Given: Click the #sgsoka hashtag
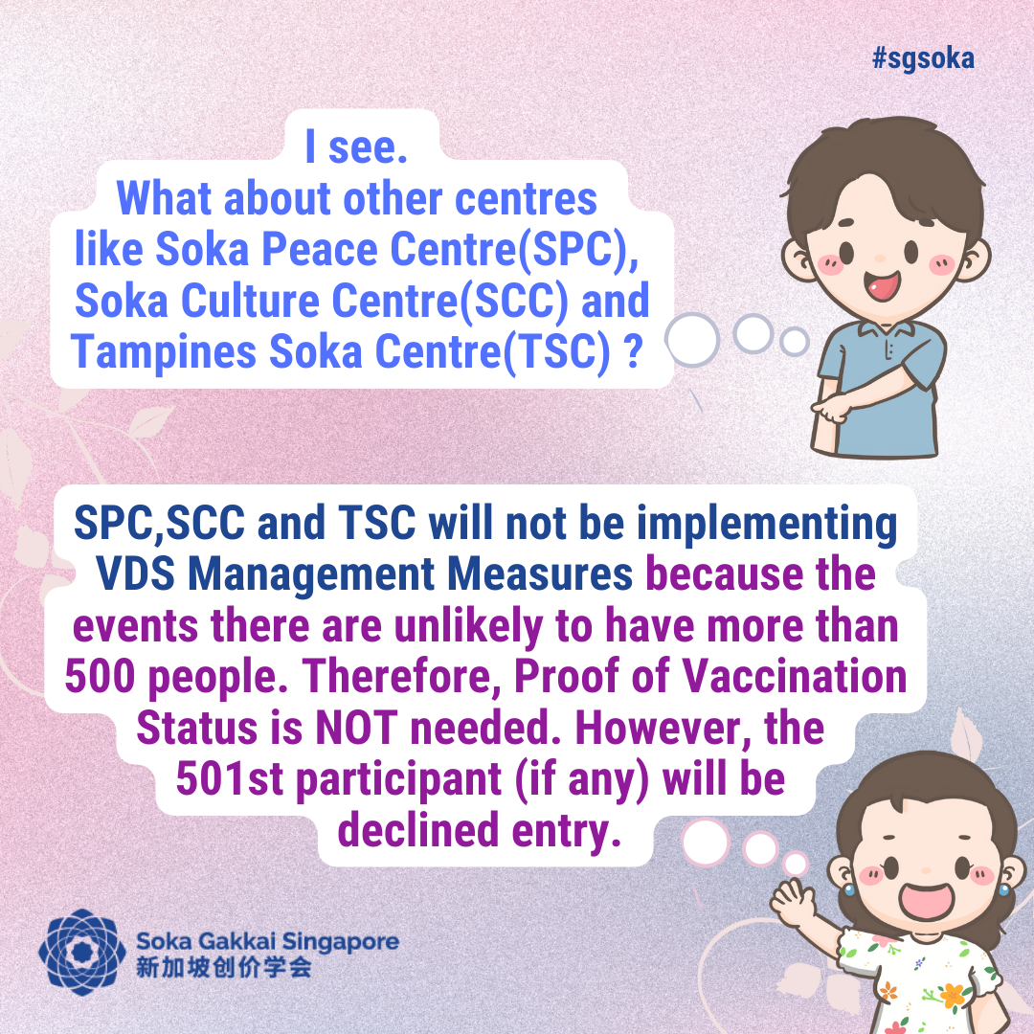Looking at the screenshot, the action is pos(923,58).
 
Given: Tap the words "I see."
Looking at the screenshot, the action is pos(356,146).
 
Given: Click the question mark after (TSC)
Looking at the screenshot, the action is pos(633,351).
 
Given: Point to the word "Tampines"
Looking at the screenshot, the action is pos(164,352).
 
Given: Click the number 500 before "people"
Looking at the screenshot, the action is pos(101,677).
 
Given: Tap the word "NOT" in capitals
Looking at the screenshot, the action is pos(357,728).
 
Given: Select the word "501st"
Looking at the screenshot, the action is pos(230,778).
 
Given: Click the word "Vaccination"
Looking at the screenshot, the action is pos(795,677).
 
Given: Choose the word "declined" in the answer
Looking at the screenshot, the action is pos(418,829).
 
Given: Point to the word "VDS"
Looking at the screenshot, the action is pos(136,573).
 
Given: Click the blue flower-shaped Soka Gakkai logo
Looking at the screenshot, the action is pos(82,952).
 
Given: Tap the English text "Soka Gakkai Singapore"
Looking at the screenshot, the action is pos(268,941).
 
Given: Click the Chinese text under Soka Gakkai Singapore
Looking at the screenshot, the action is pos(223,967).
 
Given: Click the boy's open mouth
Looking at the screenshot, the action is pos(883,286).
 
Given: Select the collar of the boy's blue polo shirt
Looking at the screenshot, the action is pos(879,328).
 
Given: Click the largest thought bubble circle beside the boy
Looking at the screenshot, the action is pos(692,340).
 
